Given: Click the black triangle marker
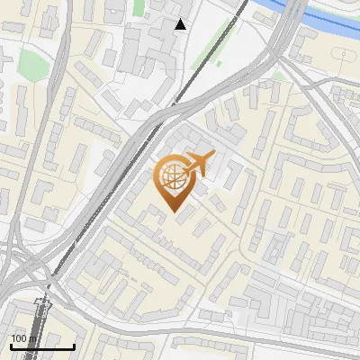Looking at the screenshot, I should coord(181,24).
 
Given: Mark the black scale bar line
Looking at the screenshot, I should coord(42,346).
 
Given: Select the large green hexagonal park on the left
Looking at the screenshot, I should coord(32,63).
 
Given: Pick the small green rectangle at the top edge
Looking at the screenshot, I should coord(139,6).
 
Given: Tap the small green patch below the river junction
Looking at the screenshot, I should coord(280,72).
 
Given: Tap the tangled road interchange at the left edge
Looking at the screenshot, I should coord(22,261).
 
